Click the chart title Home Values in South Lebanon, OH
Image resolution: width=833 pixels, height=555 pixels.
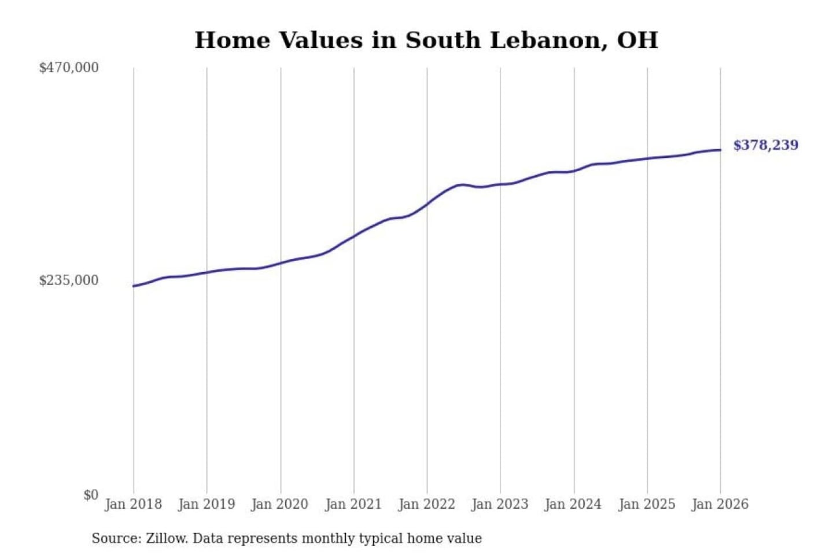pos(426,40)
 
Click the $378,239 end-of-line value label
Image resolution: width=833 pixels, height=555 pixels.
pos(765,145)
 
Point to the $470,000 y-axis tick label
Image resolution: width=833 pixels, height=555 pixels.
pos(69,68)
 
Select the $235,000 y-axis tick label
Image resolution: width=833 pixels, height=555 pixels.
pos(69,280)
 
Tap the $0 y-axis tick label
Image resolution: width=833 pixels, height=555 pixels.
pos(91,495)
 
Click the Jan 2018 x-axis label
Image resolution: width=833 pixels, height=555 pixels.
pos(133,504)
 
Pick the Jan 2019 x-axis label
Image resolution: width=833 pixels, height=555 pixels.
pos(207,504)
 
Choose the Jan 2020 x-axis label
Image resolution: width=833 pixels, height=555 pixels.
pos(280,504)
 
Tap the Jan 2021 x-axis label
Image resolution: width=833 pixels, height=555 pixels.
pos(353,504)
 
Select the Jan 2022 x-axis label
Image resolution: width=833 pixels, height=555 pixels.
pos(427,504)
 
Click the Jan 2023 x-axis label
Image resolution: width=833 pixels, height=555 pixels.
pos(500,504)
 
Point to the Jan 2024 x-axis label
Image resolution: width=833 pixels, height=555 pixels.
pos(573,504)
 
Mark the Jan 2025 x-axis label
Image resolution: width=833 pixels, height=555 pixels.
pos(647,504)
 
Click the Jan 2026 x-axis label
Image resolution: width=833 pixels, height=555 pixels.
pos(720,504)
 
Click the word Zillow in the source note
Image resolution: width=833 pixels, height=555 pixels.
pos(167,539)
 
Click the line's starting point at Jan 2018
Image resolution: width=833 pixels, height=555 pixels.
pos(134,286)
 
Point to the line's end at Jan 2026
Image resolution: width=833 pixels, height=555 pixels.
pos(720,150)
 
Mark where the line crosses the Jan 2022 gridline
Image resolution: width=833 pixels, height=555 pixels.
pos(427,203)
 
